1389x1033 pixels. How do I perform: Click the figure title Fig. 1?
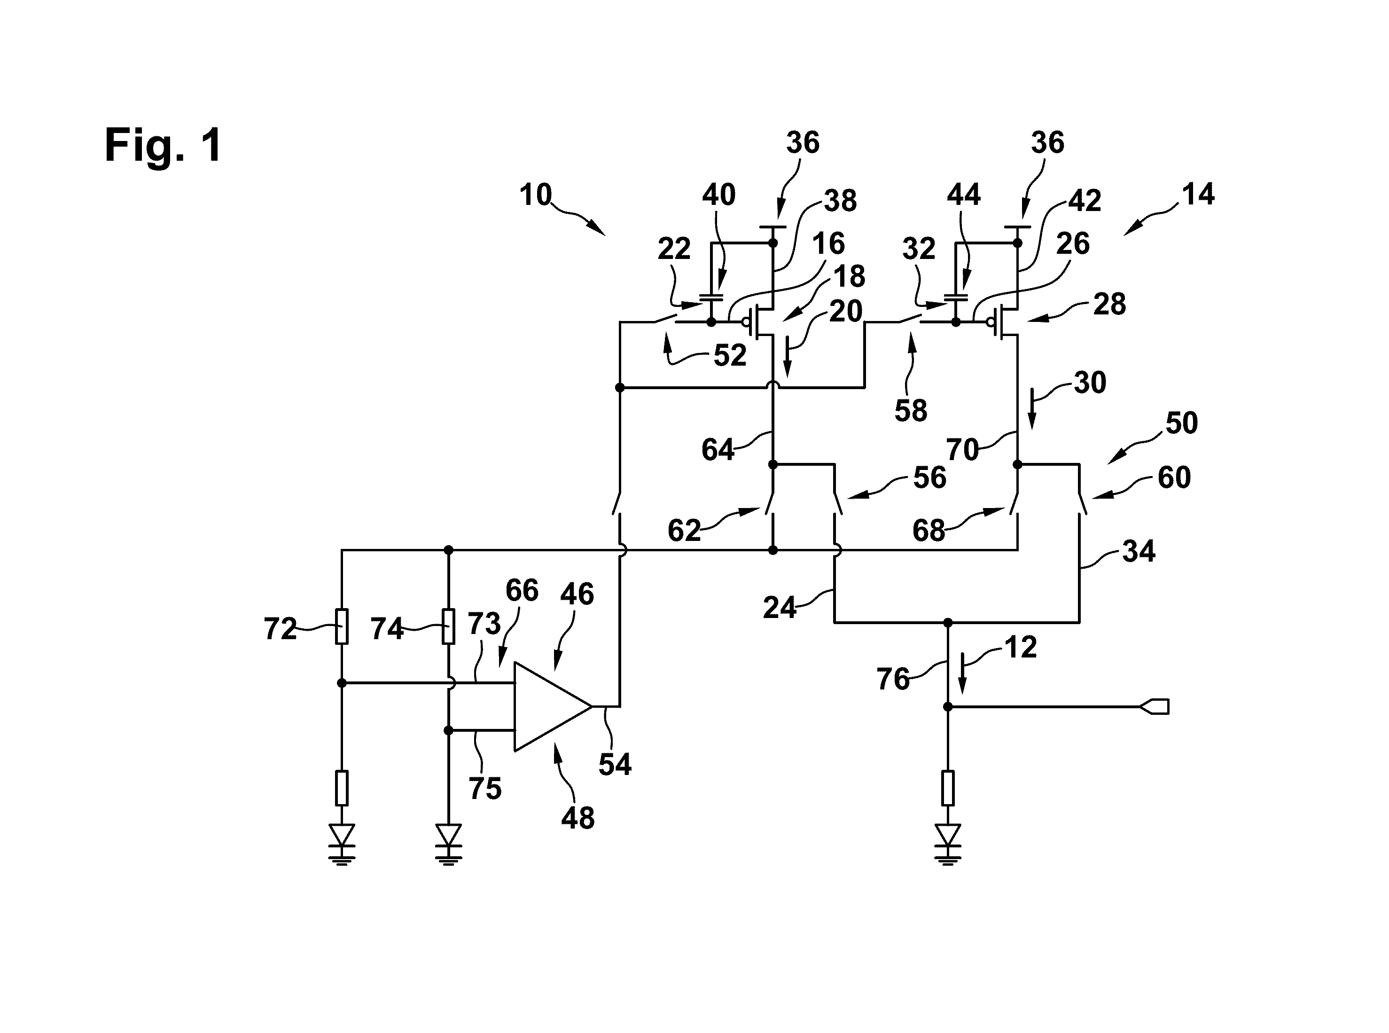tap(163, 146)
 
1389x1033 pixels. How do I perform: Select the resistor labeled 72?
tap(341, 626)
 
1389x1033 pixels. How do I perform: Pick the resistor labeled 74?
tap(448, 626)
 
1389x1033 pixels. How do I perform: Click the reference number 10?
tap(536, 195)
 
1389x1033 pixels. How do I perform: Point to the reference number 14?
tap(1198, 195)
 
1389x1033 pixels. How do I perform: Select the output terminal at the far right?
tap(1155, 707)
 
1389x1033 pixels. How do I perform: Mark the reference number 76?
tap(893, 679)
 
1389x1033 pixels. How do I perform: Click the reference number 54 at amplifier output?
tap(615, 764)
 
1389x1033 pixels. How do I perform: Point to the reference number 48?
tap(577, 818)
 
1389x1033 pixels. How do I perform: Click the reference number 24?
tap(780, 607)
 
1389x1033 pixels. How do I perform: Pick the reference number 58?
tap(911, 411)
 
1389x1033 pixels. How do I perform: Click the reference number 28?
tap(1109, 304)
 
